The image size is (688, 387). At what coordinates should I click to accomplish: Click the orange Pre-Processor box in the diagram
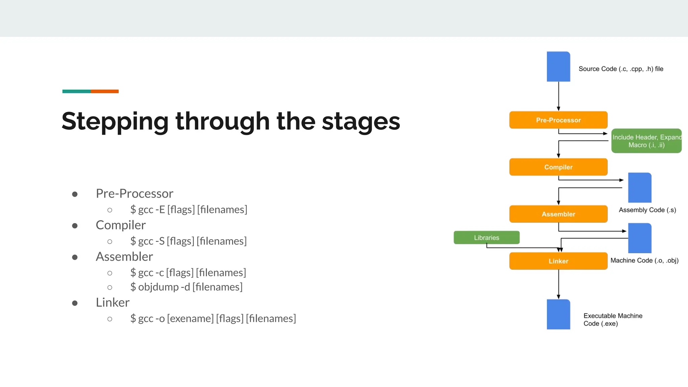point(558,120)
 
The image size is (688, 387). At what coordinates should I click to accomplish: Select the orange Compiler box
point(558,167)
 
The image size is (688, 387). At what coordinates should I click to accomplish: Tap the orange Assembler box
point(558,214)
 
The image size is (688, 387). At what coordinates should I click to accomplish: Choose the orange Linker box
point(558,261)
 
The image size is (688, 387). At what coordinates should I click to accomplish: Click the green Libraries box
point(486,238)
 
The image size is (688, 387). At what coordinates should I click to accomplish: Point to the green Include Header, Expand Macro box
point(646,141)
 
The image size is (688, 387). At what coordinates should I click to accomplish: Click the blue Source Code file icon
point(558,67)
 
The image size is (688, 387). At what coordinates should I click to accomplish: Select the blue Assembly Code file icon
point(639,188)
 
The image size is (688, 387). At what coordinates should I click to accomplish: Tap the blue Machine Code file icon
point(639,238)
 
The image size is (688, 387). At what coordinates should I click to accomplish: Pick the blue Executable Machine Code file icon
point(558,314)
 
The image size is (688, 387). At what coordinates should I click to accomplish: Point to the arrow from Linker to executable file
point(558,284)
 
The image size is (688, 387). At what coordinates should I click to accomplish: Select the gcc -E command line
point(188,210)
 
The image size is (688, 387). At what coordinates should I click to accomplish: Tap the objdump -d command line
point(186,287)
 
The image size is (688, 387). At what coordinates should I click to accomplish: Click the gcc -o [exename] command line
point(213,318)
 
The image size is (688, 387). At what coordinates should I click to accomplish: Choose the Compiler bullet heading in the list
point(121,225)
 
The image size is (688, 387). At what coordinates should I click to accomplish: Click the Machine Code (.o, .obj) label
point(644,260)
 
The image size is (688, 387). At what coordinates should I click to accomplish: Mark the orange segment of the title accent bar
point(104,91)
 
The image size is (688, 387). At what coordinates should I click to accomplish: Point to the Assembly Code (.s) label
point(647,210)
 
